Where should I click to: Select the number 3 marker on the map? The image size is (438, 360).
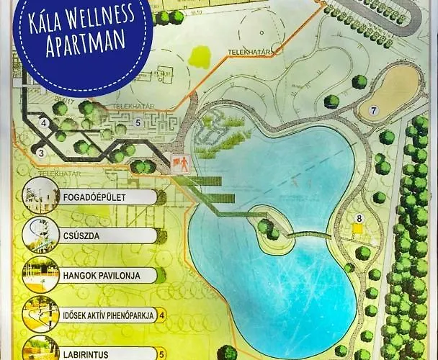(41, 152)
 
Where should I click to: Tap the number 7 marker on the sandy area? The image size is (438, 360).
(373, 111)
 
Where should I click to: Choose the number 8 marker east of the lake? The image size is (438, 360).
(358, 217)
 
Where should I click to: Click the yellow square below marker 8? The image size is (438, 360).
(357, 229)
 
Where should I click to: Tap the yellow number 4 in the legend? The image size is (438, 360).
(161, 315)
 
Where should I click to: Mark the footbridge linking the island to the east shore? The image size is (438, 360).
(306, 234)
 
